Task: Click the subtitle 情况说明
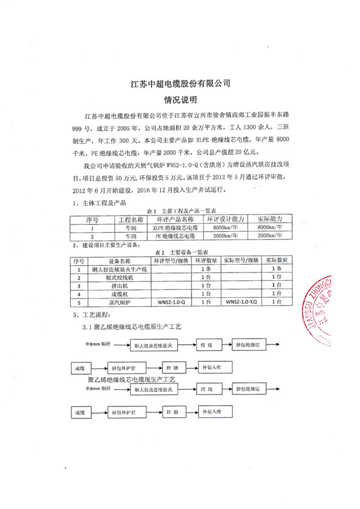(180, 99)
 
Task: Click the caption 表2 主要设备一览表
(181, 253)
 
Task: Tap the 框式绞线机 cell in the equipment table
(120, 279)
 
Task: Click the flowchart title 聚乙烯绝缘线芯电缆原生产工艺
(136, 327)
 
